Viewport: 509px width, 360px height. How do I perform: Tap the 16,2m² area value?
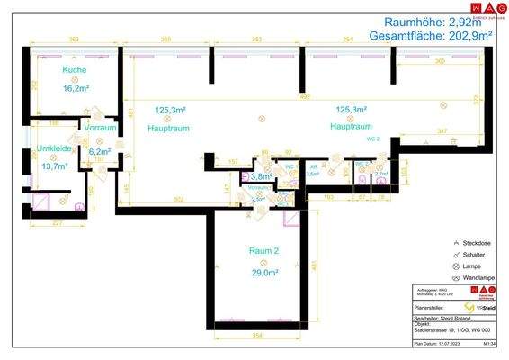click(x=74, y=89)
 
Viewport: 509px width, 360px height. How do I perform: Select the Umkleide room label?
click(x=53, y=148)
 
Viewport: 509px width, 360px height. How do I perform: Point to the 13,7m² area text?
click(x=53, y=166)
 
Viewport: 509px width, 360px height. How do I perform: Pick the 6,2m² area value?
click(x=99, y=151)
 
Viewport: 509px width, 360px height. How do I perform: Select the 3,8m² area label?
click(x=262, y=176)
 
